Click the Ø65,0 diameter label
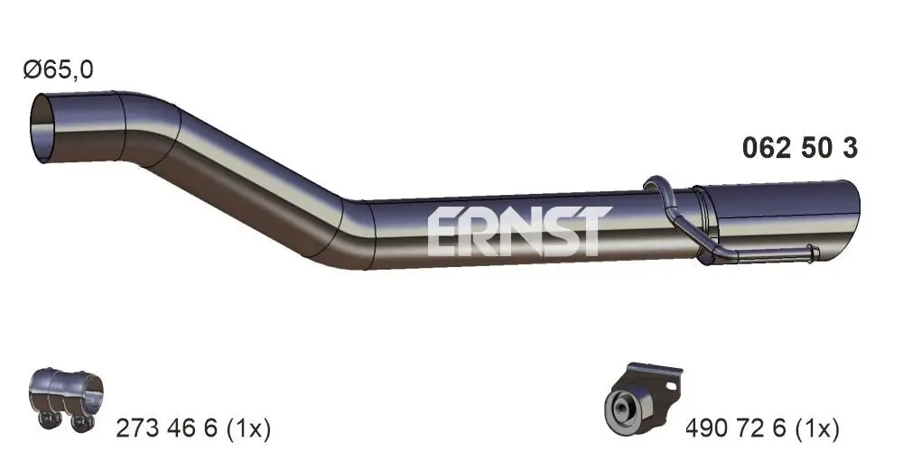(x=60, y=69)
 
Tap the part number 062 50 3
(x=799, y=149)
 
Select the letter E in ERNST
(x=442, y=231)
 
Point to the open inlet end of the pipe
(x=42, y=132)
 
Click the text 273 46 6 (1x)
(x=194, y=426)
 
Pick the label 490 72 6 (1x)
(x=763, y=426)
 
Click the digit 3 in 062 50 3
(x=849, y=149)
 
